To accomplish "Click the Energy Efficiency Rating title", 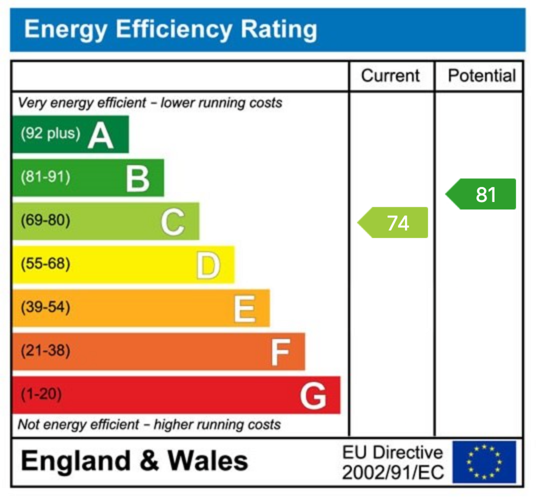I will click(170, 29).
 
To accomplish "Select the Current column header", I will click(390, 76).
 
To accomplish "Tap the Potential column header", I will click(482, 76).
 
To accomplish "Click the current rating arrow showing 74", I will click(394, 223).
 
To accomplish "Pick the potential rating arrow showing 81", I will click(482, 194).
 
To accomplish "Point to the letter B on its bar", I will click(138, 179).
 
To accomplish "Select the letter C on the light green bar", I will click(172, 222).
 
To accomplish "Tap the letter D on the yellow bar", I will click(208, 265).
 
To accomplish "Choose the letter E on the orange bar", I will click(244, 309).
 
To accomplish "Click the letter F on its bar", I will click(280, 352).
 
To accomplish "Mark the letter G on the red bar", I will click(313, 396).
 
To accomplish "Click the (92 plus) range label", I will click(50, 133).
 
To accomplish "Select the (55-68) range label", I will click(45, 264).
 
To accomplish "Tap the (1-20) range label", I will click(41, 394).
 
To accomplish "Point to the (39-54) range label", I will click(45, 307).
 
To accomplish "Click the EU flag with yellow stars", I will click(484, 462).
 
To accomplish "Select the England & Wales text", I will click(135, 461).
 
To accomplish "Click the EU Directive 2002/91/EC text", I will click(393, 462).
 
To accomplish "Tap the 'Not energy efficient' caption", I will click(149, 425).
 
